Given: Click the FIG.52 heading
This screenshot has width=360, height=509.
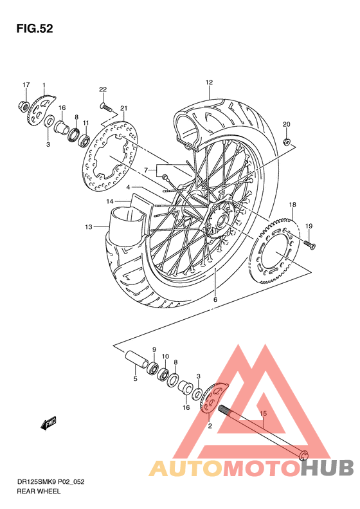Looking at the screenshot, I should pos(35,29).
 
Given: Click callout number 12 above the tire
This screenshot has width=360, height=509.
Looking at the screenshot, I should pos(209,82).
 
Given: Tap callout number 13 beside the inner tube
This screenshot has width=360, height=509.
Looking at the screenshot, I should pos(89,226).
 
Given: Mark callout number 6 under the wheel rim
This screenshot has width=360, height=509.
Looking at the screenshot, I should pos(215,300).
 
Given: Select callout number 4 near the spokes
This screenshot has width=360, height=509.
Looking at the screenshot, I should pos(128,188).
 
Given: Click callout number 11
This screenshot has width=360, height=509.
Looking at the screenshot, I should pos(85,122).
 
